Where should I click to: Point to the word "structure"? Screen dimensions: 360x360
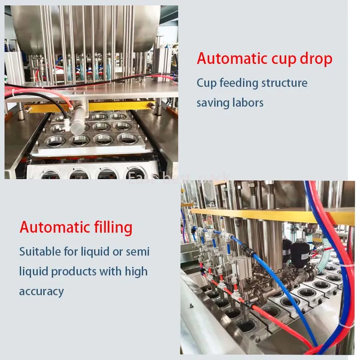pos(284,83)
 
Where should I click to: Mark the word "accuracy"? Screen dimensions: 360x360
pos(41,291)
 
